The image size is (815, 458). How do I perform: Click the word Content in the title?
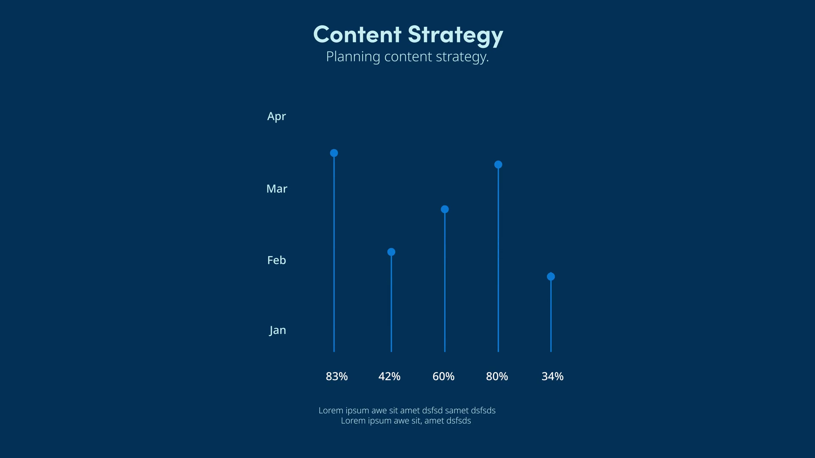[x=357, y=34]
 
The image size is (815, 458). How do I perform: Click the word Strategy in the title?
[x=455, y=36]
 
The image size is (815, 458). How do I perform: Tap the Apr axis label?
[x=276, y=117]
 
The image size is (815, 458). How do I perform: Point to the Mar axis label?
[x=277, y=189]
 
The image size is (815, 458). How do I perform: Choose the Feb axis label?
[x=276, y=260]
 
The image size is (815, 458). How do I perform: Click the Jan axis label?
[x=278, y=330]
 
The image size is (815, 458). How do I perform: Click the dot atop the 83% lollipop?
[x=334, y=153]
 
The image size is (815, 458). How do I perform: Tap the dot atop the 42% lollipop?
[x=391, y=252]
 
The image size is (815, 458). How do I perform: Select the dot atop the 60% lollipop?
[x=445, y=209]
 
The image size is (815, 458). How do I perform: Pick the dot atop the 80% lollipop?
[x=498, y=165]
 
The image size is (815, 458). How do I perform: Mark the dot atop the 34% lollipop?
[x=551, y=276]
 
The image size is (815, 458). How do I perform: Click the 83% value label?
[x=337, y=377]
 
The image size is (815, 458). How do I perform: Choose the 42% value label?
[x=389, y=377]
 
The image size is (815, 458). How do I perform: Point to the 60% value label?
[x=443, y=377]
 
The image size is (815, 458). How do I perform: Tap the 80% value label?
[x=497, y=377]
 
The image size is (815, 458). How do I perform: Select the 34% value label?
[x=552, y=377]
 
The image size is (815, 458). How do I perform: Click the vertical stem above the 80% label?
[x=498, y=260]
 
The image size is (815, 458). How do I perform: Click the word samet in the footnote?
[x=457, y=411]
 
